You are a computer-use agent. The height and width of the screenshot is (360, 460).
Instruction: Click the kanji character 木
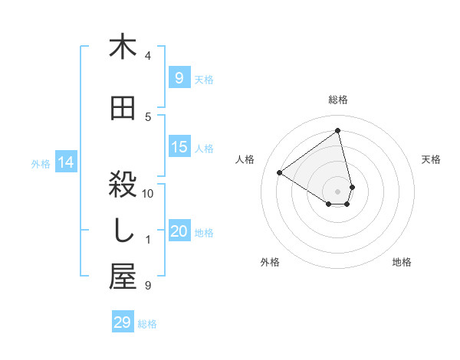click(x=123, y=47)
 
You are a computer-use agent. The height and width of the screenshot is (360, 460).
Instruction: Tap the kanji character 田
click(x=123, y=108)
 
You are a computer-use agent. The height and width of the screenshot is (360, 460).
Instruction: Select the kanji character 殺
click(x=123, y=185)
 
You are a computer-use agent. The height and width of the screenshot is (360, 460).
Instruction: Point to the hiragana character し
click(x=123, y=231)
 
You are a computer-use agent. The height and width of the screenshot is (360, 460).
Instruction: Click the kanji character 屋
click(x=123, y=277)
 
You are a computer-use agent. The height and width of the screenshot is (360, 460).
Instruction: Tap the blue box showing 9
click(x=179, y=77)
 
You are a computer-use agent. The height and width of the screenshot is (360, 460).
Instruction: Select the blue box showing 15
click(x=179, y=147)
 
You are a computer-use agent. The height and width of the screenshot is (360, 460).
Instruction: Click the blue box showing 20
click(x=179, y=231)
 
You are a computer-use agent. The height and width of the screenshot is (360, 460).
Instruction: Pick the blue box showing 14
click(x=66, y=162)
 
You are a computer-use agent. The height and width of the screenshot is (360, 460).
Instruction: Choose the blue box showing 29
click(x=122, y=322)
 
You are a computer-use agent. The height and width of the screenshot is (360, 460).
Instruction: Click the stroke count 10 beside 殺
click(x=148, y=194)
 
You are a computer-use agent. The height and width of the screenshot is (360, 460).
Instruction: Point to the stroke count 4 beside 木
click(x=148, y=56)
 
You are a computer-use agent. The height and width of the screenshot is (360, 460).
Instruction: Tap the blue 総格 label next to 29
click(x=147, y=324)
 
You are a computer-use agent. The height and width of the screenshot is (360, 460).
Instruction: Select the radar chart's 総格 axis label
click(x=338, y=100)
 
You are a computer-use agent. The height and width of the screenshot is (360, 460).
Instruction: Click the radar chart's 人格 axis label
click(x=245, y=159)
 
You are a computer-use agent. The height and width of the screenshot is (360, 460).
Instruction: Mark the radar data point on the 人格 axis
click(x=279, y=172)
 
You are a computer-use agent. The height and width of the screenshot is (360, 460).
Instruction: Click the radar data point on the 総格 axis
click(x=338, y=130)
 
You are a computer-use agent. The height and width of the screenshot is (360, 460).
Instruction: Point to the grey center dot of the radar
click(x=338, y=191)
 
